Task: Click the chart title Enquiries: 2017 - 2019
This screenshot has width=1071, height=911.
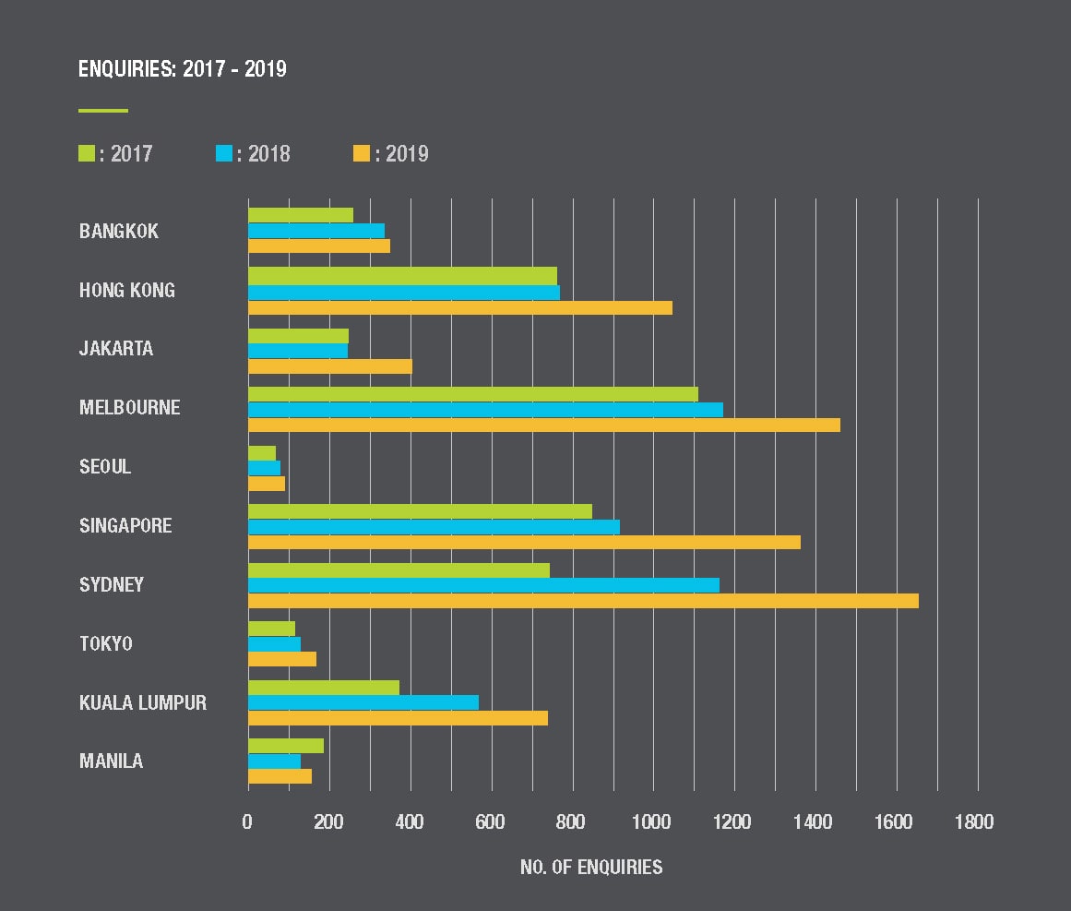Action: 182,69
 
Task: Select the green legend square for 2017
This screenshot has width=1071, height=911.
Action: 87,153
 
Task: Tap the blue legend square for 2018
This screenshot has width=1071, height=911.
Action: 224,153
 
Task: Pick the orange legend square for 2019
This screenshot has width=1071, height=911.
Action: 362,153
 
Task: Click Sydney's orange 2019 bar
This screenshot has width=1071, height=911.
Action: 583,601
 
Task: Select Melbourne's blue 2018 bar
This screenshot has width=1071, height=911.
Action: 485,409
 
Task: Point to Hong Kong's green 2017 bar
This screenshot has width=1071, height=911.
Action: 402,275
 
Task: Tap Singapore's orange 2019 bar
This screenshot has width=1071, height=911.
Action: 524,542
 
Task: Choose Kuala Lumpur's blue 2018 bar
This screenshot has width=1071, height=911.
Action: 363,702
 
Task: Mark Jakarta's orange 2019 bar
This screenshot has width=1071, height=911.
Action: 329,366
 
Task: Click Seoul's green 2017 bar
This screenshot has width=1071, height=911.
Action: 262,452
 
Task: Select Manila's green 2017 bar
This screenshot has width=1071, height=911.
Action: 286,746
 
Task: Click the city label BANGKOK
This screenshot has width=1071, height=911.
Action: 119,231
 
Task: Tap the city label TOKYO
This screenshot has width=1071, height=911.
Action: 106,643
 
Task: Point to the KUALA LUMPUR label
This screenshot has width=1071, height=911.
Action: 143,702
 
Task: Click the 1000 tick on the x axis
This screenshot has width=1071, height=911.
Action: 653,821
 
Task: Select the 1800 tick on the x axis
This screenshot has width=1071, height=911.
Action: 974,821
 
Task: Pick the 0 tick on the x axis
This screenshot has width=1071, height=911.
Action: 247,821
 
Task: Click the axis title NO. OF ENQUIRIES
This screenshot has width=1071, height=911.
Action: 591,867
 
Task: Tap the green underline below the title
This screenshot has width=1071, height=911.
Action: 103,111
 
